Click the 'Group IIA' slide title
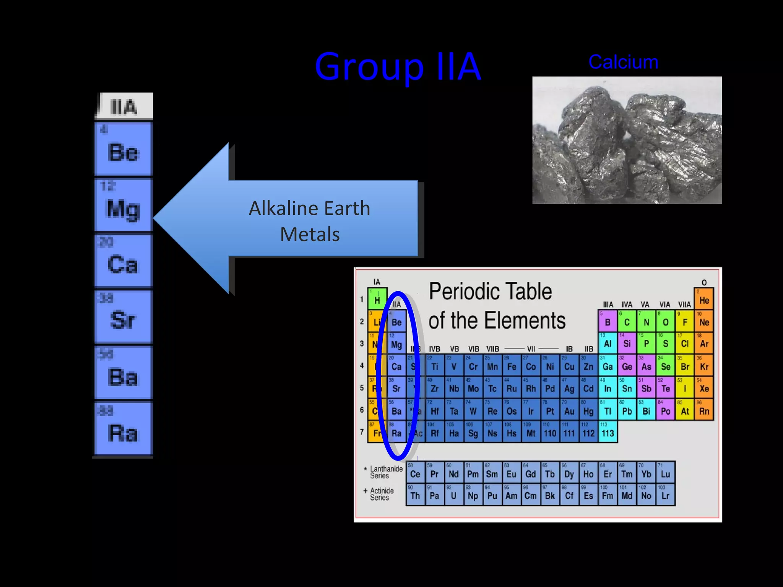point(398,67)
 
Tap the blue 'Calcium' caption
point(623,62)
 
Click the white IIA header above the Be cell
point(124,106)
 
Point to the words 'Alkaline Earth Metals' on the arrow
point(310,221)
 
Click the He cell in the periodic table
point(704,298)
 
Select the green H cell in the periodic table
point(377,298)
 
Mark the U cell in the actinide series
point(453,495)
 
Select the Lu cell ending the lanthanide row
point(665,472)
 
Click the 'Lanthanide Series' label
point(386,472)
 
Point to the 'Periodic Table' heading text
point(490,291)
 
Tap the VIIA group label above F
point(684,305)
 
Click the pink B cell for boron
point(608,321)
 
